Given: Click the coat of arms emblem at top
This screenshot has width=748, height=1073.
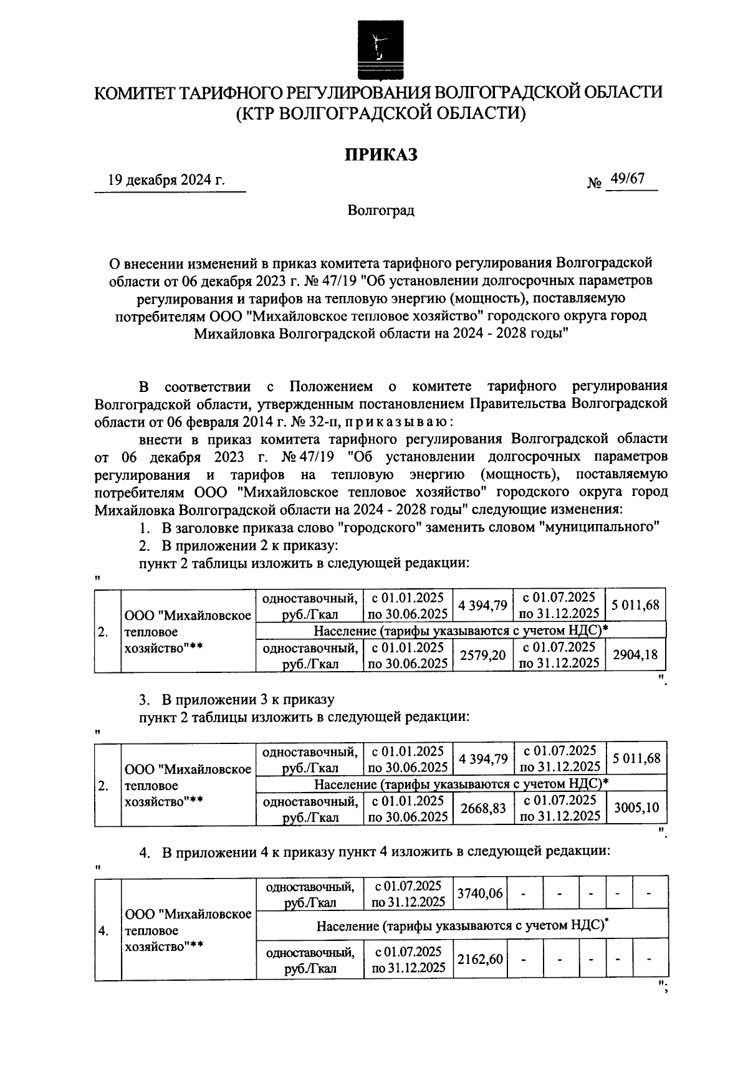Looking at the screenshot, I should pos(376,49).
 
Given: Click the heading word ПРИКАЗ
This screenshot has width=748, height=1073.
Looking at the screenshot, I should pos(381,154).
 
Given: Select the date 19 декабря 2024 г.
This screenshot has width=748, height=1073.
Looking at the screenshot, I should pos(166,181).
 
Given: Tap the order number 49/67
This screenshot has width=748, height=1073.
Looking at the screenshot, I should pos(627,179).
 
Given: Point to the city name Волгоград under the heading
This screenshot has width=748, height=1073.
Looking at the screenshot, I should pos(381,210).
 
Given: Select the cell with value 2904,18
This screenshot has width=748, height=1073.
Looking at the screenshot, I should pos(636,655).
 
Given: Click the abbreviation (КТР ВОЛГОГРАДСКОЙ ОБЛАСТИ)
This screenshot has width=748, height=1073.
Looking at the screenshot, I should pos(381,113).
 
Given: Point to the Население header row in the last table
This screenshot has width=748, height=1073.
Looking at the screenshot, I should pos(462,926).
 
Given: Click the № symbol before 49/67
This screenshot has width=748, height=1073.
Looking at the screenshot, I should pos(594,183).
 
